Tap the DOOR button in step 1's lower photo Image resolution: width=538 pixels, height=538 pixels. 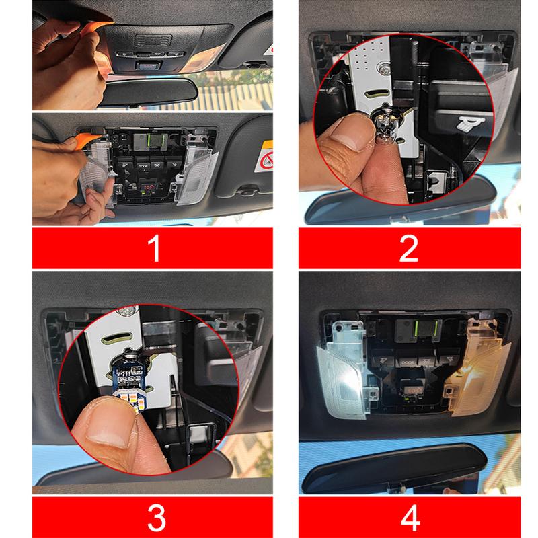[x=143, y=164]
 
